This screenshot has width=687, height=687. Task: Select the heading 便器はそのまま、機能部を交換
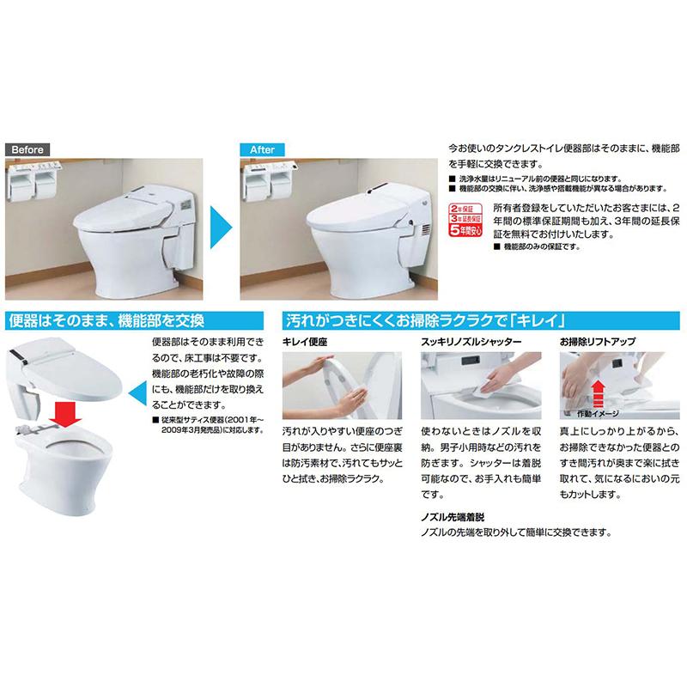(105, 322)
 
